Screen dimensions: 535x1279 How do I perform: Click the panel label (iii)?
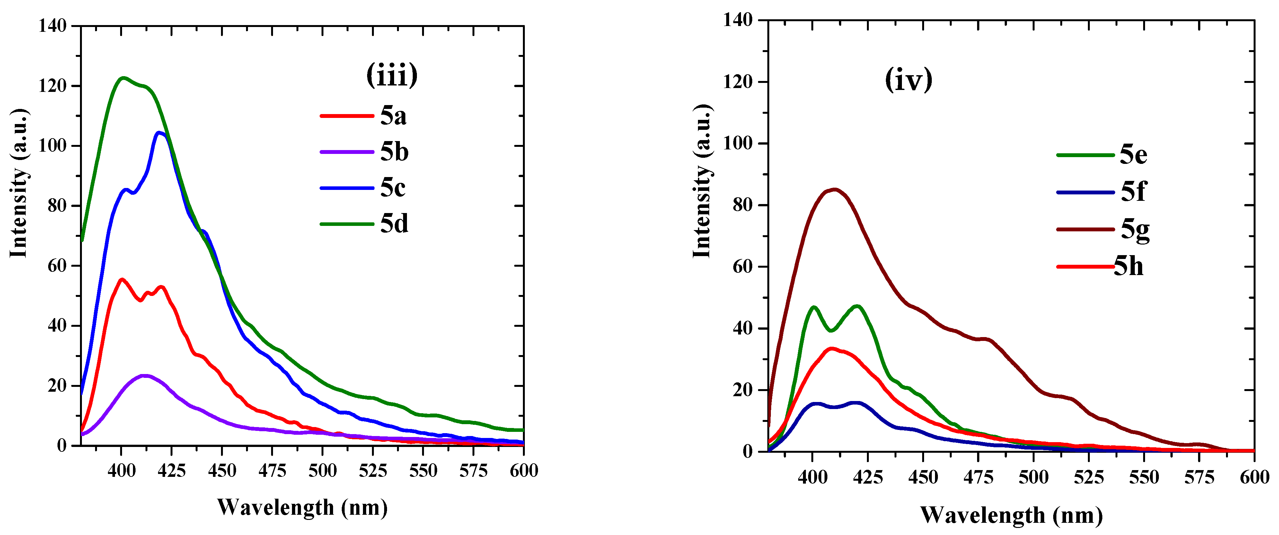[x=392, y=76]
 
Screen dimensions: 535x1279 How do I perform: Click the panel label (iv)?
[x=909, y=80]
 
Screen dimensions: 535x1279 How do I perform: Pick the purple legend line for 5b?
[x=347, y=152]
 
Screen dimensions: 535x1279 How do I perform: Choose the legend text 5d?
[x=394, y=224]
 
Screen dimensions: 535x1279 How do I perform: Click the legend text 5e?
[x=1133, y=155]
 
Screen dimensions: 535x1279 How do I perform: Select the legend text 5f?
[x=1133, y=192]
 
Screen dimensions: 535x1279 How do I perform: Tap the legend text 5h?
[x=1129, y=267]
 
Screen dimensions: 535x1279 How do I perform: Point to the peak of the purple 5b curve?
[x=145, y=376]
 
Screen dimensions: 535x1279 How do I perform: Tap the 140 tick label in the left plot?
[x=53, y=25]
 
